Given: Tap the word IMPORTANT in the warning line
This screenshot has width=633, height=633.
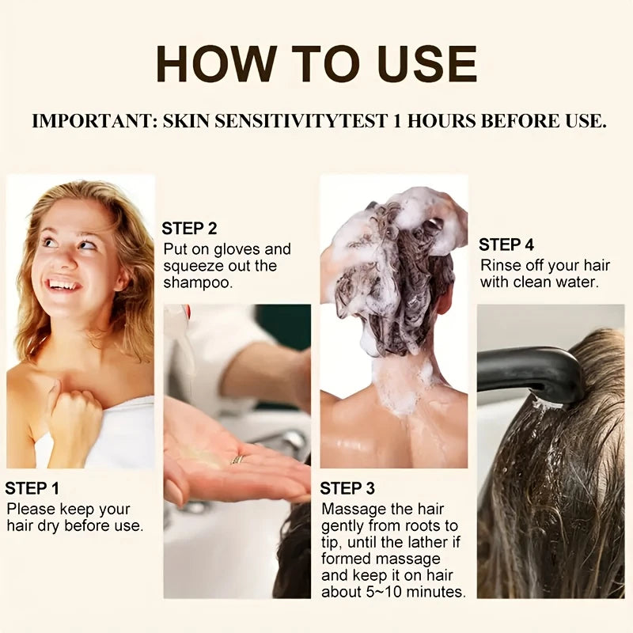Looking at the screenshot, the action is (94, 121).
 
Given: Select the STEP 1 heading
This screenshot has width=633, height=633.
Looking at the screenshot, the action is (32, 488).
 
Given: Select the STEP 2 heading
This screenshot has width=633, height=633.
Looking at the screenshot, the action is (189, 229).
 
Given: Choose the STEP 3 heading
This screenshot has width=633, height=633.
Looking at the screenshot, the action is (347, 488).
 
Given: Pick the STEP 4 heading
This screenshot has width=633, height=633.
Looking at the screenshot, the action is (506, 244).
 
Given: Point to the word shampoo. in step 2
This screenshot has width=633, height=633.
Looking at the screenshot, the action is (199, 283).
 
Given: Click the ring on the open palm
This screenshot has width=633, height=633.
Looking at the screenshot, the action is (238, 460).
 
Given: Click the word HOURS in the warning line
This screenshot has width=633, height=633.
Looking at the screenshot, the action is (442, 121).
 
